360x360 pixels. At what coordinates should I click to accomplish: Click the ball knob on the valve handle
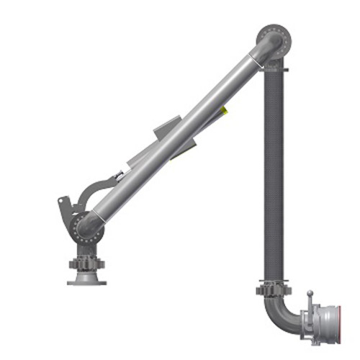tap(310, 294)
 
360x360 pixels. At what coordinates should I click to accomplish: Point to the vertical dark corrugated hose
tap(273, 173)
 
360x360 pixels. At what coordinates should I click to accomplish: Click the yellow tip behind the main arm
tap(225, 109)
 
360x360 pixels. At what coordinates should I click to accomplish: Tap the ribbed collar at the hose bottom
tap(273, 291)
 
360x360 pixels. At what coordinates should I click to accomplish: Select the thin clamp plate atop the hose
tap(274, 69)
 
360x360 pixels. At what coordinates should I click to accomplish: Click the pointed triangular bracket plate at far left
tap(63, 209)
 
